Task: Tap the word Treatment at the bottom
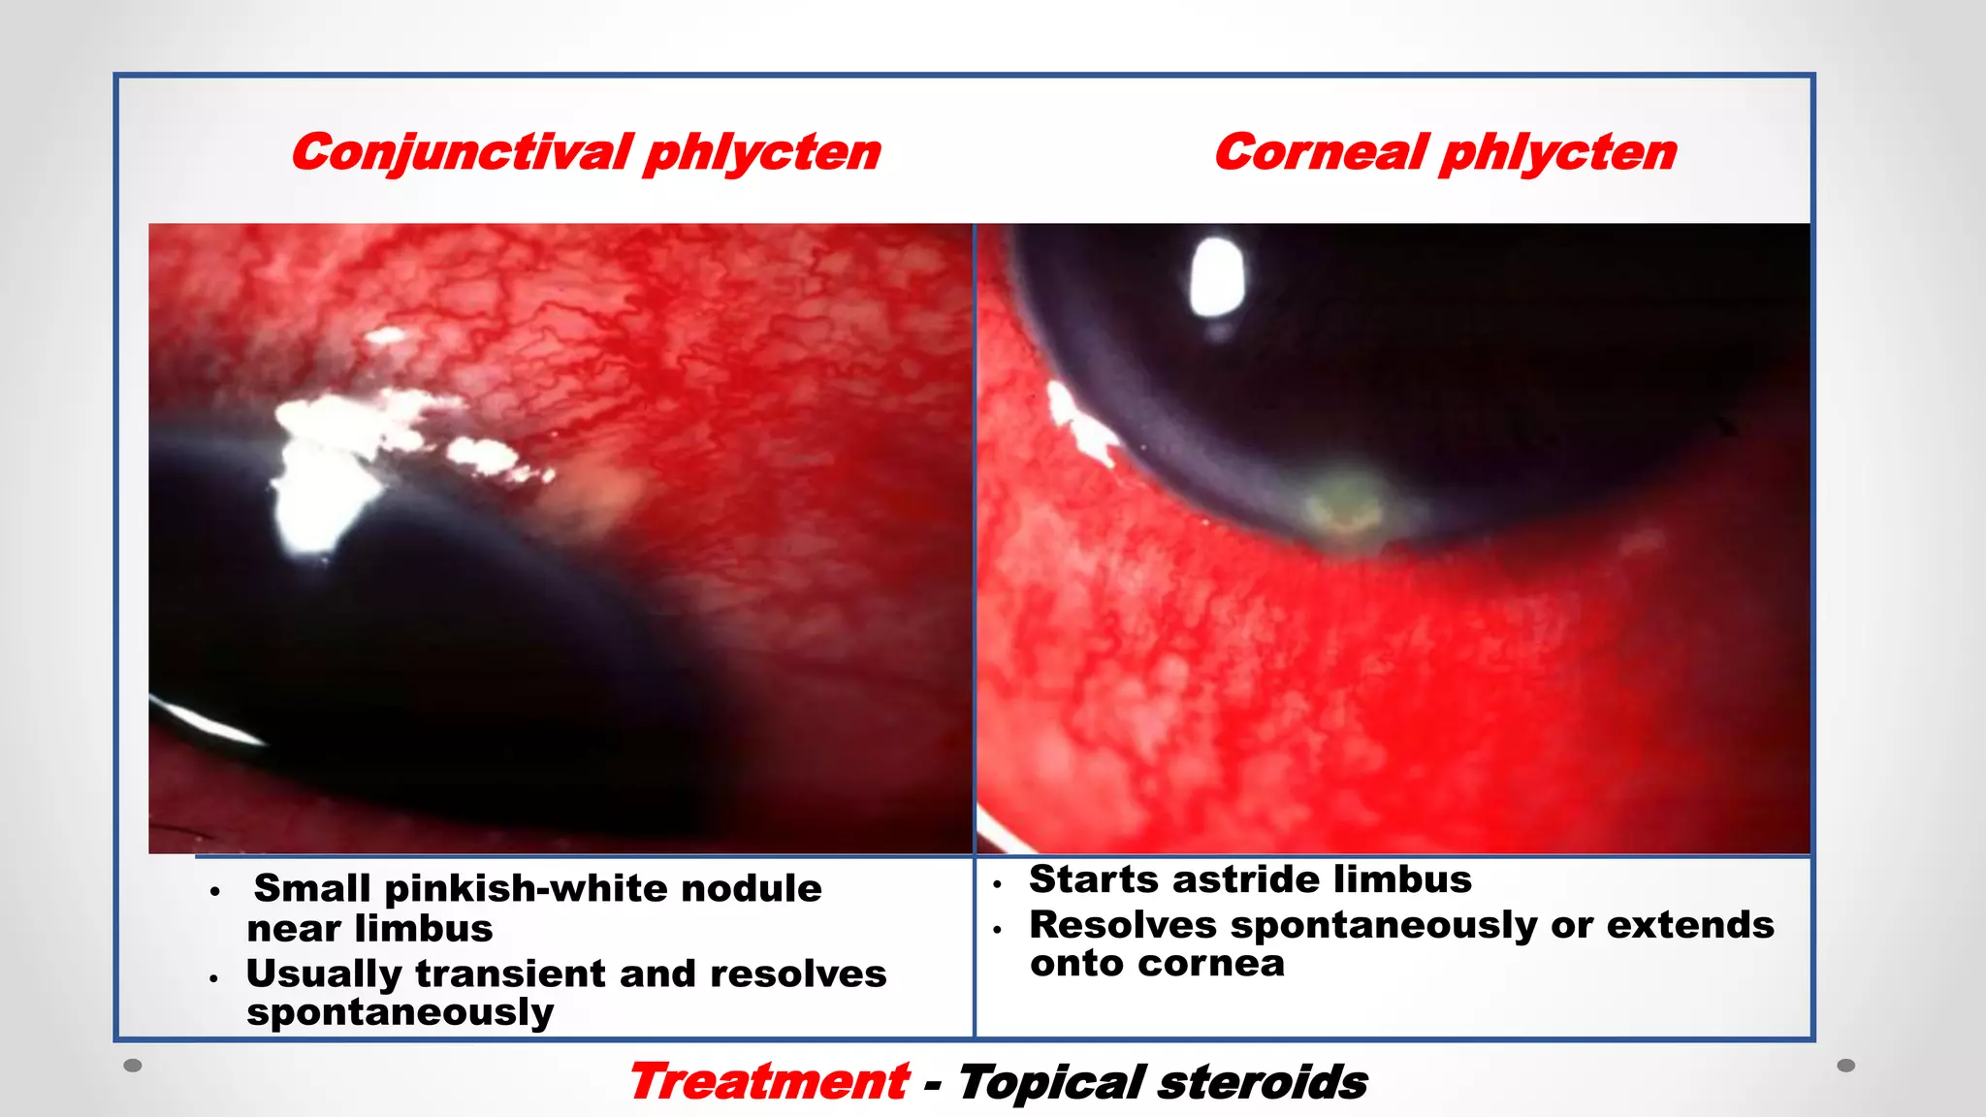(768, 1081)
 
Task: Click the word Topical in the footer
(1051, 1082)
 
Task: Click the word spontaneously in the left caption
(400, 1012)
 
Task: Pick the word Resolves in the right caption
(1122, 925)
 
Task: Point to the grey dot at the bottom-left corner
(133, 1066)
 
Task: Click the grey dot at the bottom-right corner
(1846, 1066)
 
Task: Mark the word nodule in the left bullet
(751, 888)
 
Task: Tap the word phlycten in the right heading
(1558, 153)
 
